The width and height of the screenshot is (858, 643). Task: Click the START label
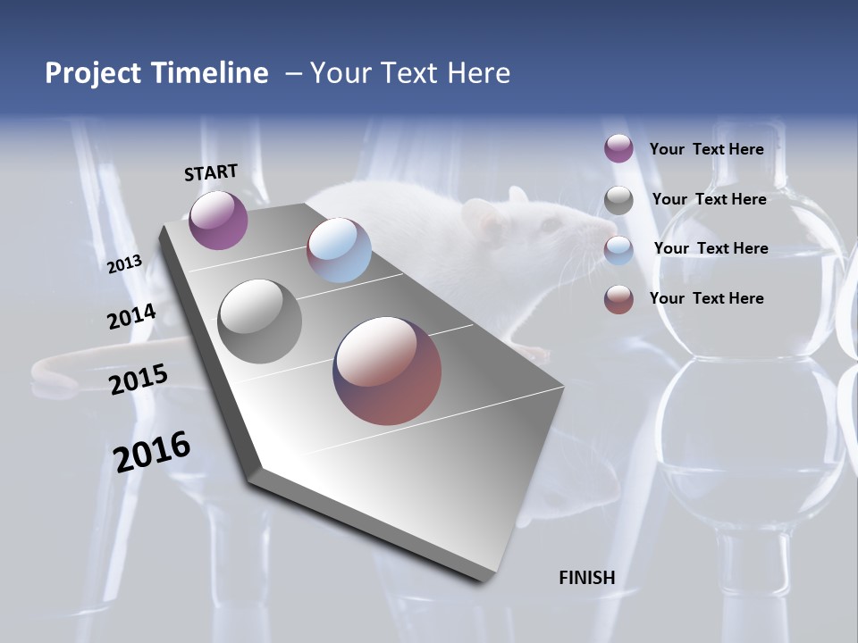(211, 172)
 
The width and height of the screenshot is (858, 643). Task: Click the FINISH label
(587, 578)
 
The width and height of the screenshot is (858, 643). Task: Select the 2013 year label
(124, 264)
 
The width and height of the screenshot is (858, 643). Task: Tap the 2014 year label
(132, 316)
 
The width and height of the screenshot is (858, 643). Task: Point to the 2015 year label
(139, 380)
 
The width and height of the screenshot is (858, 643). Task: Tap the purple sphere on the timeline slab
(218, 220)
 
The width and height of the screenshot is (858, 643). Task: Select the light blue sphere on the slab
(339, 250)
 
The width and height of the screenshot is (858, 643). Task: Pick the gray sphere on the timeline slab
(260, 321)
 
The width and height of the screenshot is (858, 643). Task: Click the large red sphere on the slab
(387, 371)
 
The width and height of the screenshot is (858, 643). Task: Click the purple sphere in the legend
(618, 149)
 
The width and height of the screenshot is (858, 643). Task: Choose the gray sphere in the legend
(618, 200)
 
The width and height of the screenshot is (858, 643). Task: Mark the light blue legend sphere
(618, 249)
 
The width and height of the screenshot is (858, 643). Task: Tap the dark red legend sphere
(618, 299)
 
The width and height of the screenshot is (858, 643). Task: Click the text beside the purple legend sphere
(706, 149)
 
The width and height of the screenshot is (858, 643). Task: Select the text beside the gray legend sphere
(709, 199)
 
